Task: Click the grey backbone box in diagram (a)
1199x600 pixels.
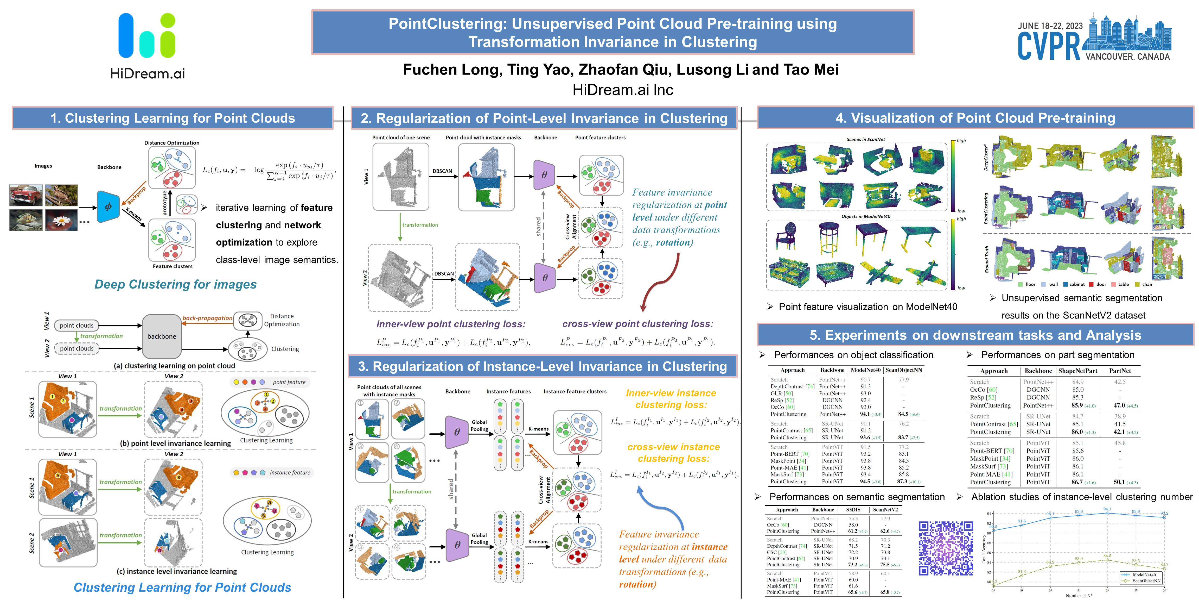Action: (x=162, y=336)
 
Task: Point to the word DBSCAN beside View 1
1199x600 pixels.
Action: (x=442, y=171)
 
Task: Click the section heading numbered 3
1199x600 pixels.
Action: (x=542, y=367)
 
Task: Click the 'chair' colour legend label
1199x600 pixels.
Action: (x=1147, y=284)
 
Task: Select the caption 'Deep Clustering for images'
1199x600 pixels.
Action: (x=175, y=284)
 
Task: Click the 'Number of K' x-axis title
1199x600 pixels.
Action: (x=1079, y=595)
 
